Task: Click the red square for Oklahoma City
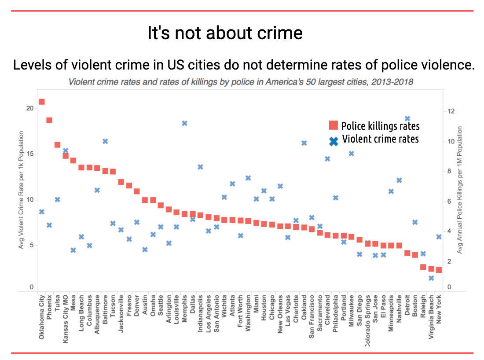pos(42,102)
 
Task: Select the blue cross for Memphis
pos(185,123)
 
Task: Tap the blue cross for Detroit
pos(407,119)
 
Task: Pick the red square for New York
pos(439,270)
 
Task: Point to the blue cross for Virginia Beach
pos(431,278)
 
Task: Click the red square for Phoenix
pos(49,120)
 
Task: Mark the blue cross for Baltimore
pos(105,141)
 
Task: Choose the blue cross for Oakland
pos(304,143)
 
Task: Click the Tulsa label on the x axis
pos(58,304)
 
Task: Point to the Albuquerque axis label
pos(97,316)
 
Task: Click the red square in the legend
pos(334,125)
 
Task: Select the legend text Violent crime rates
pos(380,139)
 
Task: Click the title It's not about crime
pos(225,33)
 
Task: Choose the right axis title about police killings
pos(459,190)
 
